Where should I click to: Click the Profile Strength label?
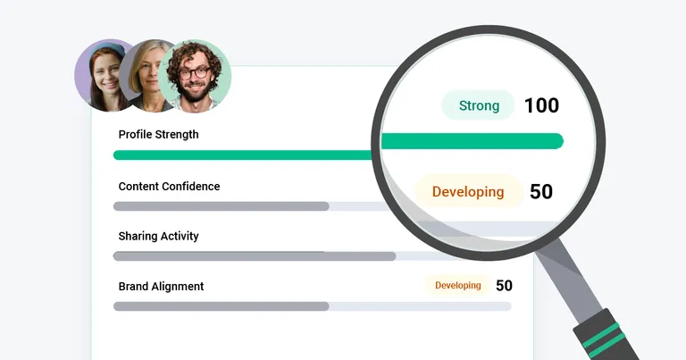(158, 134)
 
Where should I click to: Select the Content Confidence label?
(169, 186)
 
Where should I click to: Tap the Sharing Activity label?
(158, 236)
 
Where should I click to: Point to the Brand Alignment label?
(161, 286)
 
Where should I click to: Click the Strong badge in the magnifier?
(479, 105)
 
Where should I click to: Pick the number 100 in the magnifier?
(541, 105)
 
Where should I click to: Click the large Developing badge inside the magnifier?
(468, 191)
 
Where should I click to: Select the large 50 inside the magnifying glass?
(541, 191)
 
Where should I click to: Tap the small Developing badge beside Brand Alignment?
(457, 286)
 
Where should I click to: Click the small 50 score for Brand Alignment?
(504, 286)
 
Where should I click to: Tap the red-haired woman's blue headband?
(101, 50)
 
